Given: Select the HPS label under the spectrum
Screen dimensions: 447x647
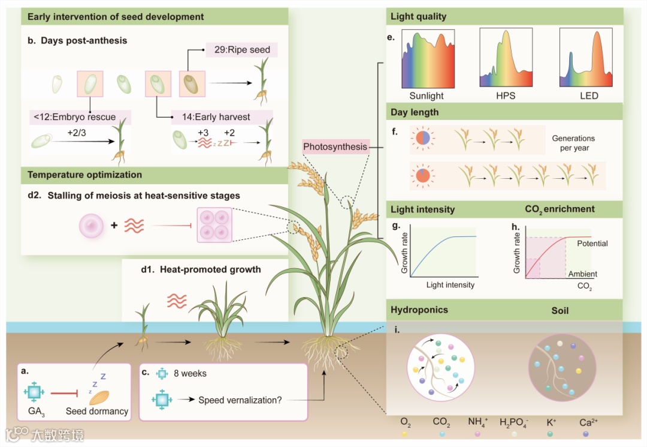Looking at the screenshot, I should (x=506, y=95).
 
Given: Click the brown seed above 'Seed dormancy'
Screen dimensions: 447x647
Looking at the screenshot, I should (x=100, y=395).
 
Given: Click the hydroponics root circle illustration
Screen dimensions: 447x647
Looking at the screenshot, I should (x=440, y=368).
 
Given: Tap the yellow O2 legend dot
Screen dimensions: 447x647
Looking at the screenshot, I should (x=406, y=433).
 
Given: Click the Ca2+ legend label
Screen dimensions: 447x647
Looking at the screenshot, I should (x=588, y=422).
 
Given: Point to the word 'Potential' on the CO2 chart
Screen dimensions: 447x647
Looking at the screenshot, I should (x=592, y=244).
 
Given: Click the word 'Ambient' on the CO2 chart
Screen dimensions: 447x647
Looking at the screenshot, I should (x=583, y=274).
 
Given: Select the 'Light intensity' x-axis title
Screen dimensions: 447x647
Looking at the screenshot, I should (x=450, y=285).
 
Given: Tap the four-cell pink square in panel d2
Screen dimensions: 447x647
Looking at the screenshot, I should (x=214, y=225).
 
